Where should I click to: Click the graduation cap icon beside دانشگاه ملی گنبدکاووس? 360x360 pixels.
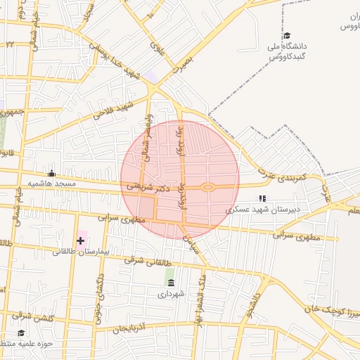286,36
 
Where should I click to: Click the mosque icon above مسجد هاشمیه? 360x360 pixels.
51,172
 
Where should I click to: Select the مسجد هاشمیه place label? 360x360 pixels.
51,184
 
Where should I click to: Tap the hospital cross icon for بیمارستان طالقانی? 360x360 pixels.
81,240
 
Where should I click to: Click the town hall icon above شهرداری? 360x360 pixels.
171,283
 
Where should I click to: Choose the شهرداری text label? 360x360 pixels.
171,295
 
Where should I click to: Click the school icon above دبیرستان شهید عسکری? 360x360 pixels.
262,198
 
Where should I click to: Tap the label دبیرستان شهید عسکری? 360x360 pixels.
266,210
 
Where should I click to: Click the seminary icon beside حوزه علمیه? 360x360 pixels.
20,333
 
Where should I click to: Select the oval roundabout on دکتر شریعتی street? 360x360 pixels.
208,187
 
